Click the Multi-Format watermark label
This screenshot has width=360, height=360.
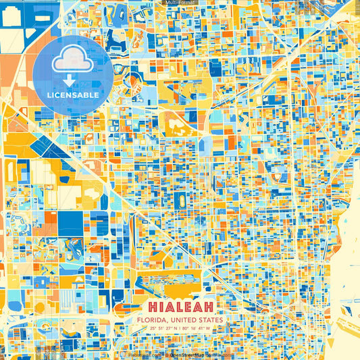tap(180, 3)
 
